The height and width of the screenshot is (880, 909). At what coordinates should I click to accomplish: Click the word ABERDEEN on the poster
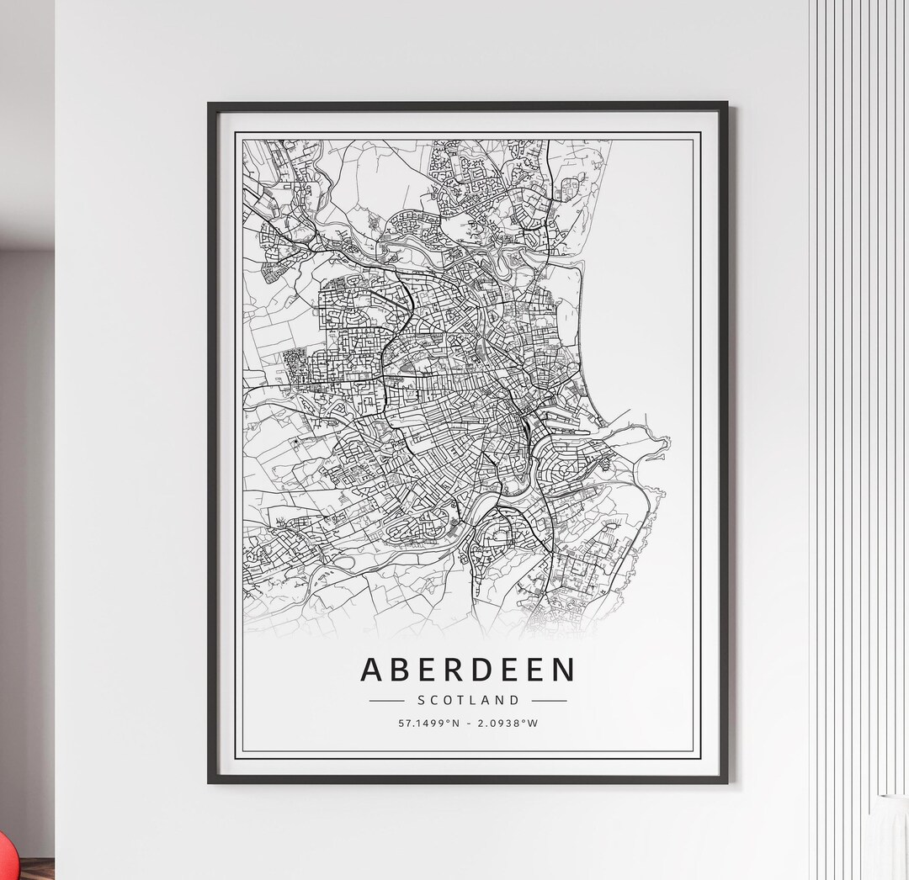[468, 670]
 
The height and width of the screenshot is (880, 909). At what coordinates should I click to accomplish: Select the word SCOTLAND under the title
[468, 700]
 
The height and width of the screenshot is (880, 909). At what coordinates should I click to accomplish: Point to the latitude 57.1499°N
[429, 723]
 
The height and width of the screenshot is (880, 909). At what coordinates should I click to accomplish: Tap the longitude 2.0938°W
[508, 723]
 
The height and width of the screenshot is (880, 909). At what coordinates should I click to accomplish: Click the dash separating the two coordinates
[469, 723]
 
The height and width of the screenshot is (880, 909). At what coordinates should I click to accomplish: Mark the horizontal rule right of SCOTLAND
[549, 700]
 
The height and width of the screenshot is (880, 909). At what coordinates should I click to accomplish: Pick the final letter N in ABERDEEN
[564, 670]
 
